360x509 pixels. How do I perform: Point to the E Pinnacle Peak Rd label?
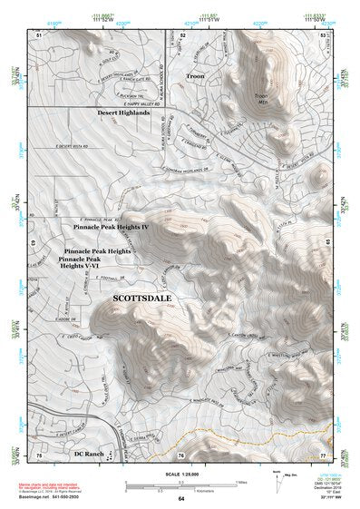[x=101, y=219]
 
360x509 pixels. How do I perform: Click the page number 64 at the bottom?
[x=181, y=499]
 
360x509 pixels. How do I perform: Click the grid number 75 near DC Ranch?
[x=39, y=454]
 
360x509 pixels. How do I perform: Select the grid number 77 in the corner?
[x=323, y=454]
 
